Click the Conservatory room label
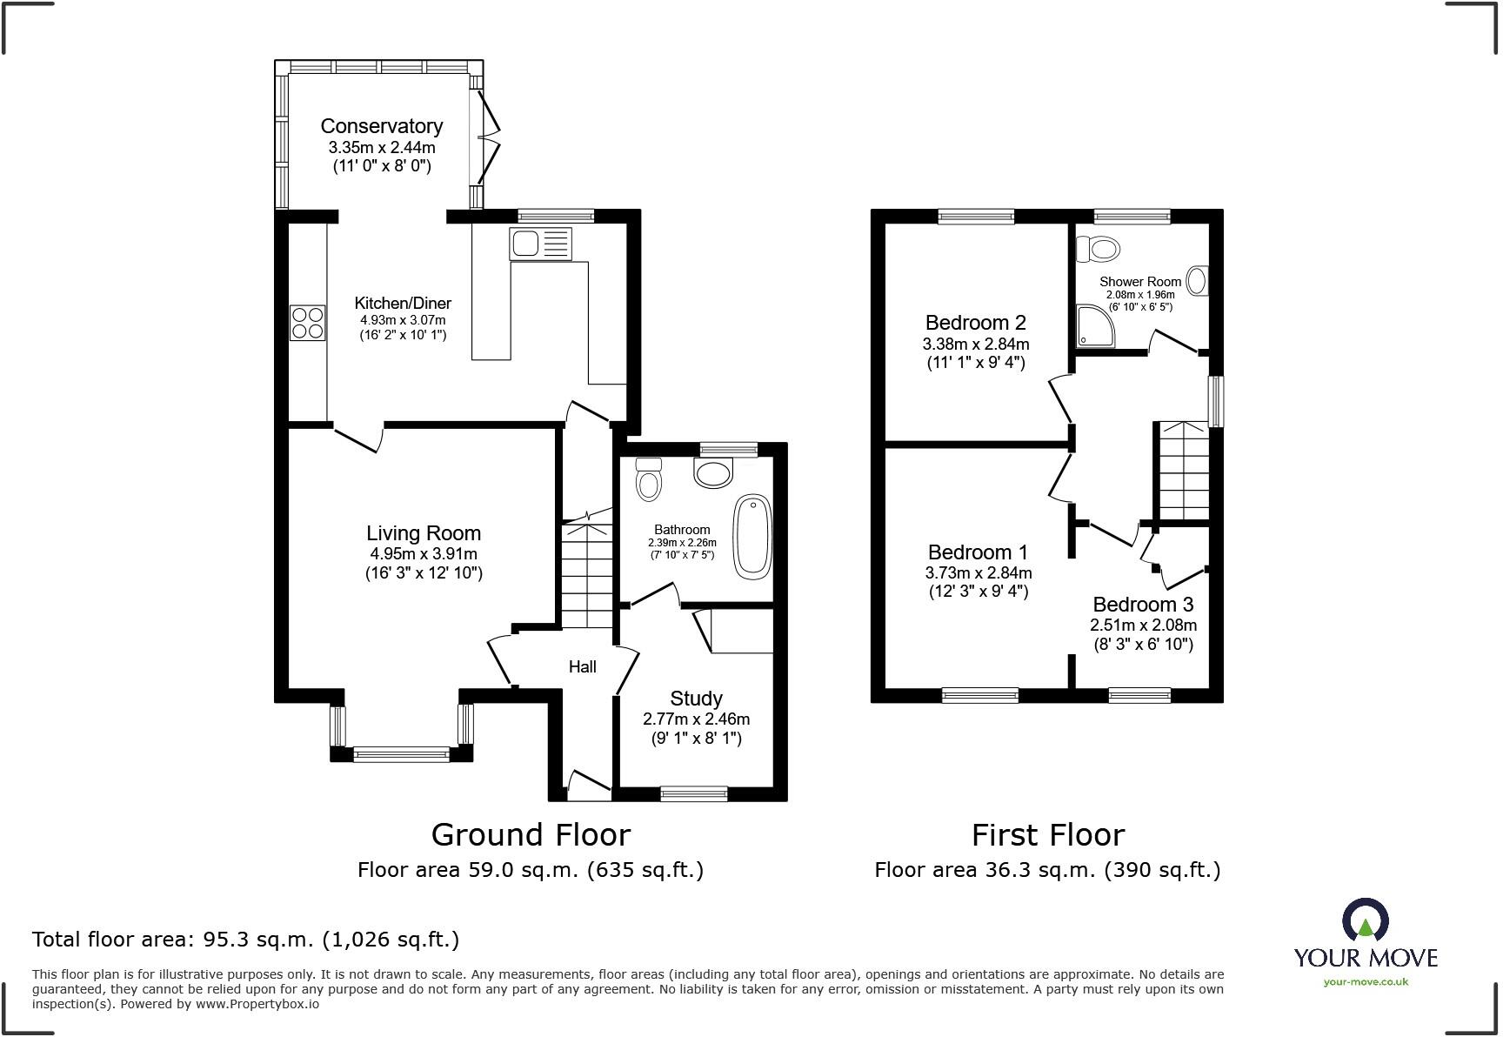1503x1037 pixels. [x=381, y=127]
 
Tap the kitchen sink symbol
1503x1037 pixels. [x=540, y=244]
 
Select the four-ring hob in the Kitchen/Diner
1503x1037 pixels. [x=307, y=323]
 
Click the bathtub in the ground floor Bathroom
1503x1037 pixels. [x=752, y=537]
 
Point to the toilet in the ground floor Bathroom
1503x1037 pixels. [x=649, y=479]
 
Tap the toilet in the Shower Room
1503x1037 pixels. [x=1098, y=250]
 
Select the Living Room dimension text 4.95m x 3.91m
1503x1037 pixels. [x=424, y=554]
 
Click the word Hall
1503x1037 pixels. [x=582, y=667]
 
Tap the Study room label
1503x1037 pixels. [x=696, y=699]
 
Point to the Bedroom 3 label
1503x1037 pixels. [x=1143, y=605]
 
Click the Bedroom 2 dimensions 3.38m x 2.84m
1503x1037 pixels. [x=976, y=344]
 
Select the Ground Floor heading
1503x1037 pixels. [x=531, y=835]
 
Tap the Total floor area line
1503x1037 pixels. [x=245, y=940]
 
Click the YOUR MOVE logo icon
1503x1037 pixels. [x=1366, y=921]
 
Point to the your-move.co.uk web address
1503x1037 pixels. [x=1366, y=982]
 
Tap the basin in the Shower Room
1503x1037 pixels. [x=1197, y=281]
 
